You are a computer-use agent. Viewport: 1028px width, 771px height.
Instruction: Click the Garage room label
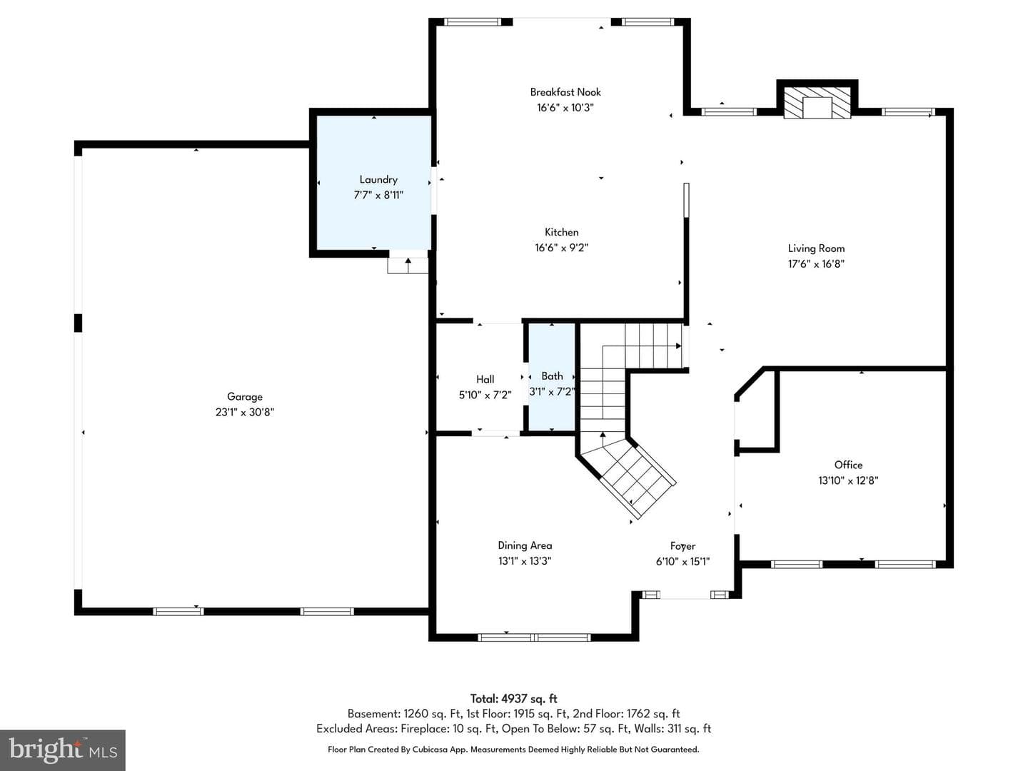(x=244, y=396)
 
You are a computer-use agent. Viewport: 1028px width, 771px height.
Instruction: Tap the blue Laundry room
(x=374, y=183)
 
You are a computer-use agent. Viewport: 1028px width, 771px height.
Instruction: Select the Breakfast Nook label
(x=565, y=92)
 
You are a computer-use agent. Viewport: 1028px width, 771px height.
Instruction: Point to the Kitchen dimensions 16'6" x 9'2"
(x=562, y=248)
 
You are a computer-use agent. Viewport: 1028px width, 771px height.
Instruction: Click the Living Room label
(x=816, y=248)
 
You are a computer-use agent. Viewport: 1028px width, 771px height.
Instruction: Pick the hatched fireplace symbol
(x=817, y=103)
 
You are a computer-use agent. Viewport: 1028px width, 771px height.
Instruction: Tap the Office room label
(x=848, y=465)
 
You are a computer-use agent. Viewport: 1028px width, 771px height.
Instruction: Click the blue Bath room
(x=552, y=376)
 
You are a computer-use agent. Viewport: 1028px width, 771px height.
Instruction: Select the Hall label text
(x=485, y=379)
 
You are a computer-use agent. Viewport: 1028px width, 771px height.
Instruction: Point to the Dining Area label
(x=525, y=545)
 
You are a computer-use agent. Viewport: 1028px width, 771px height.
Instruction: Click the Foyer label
(x=683, y=546)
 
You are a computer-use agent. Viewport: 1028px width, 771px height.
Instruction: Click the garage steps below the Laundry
(x=408, y=266)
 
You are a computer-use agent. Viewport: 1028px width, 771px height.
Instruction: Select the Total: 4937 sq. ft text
(x=514, y=699)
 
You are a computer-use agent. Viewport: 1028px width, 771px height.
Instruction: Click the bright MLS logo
(x=63, y=750)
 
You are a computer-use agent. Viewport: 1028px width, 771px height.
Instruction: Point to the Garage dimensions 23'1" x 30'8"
(x=244, y=413)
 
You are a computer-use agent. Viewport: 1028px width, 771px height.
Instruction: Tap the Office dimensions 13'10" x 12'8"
(x=848, y=480)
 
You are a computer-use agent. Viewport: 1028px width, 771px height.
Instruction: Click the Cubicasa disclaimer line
(x=513, y=750)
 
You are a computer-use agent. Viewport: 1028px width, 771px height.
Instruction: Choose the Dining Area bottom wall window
(x=535, y=637)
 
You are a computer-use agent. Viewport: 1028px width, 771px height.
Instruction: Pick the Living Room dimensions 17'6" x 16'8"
(x=816, y=264)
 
